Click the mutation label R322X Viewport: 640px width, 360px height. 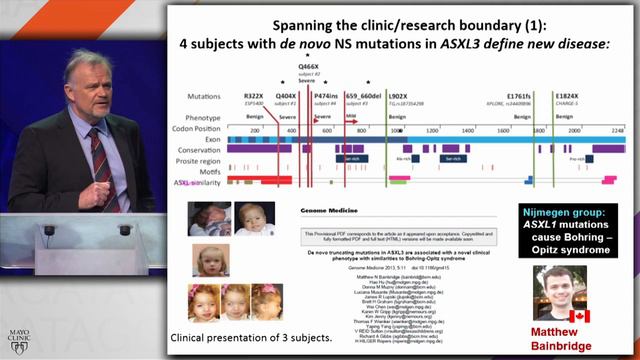[x=253, y=96]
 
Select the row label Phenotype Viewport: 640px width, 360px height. [x=198, y=117]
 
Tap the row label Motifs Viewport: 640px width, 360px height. [x=205, y=171]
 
